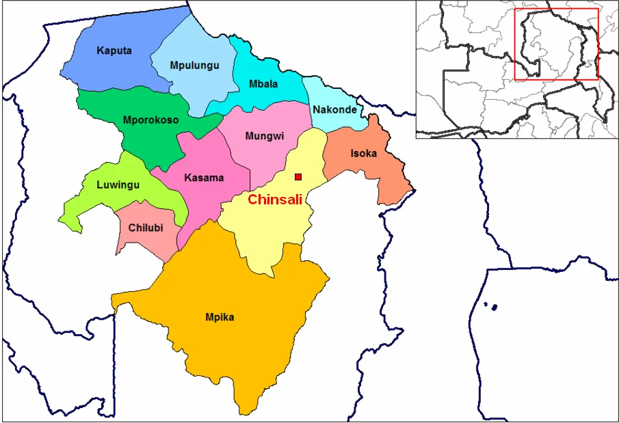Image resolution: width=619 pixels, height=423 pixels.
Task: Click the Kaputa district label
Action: (x=114, y=51)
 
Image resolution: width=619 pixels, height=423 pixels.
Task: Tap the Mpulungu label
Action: (x=194, y=66)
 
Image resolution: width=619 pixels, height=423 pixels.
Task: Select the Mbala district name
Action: (x=263, y=84)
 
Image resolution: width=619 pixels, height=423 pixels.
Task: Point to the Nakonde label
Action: (x=334, y=109)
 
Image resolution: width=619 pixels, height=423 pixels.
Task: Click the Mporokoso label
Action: (x=150, y=120)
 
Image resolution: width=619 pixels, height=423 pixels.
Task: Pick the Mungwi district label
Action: (x=264, y=136)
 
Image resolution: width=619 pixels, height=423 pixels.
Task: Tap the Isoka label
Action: (x=363, y=154)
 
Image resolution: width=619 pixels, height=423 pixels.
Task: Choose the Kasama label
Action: (x=204, y=178)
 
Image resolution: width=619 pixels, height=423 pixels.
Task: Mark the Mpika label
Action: (x=220, y=317)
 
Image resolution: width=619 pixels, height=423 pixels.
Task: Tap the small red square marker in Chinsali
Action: (x=298, y=177)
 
